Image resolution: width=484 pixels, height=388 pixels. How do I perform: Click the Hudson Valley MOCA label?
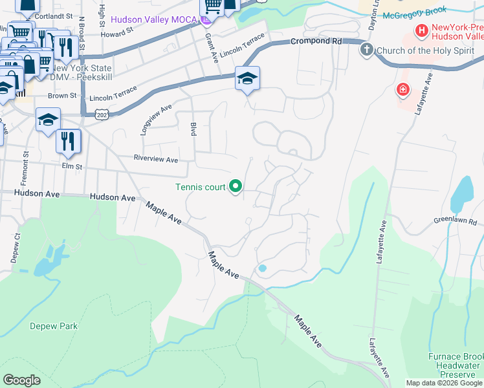point(152,20)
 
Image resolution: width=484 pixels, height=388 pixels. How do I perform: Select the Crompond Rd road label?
point(315,41)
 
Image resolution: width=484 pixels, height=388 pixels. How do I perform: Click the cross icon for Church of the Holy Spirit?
point(367,49)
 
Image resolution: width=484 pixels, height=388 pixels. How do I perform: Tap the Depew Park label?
point(54,326)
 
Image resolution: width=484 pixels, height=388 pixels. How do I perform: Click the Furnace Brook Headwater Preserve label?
point(456,365)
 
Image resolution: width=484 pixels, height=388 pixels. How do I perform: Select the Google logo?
point(22,380)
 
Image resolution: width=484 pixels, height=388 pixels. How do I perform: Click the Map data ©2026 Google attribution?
point(443,383)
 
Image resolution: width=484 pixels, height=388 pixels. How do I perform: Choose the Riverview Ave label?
point(155,159)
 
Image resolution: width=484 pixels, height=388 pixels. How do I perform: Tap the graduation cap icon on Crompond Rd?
point(247,78)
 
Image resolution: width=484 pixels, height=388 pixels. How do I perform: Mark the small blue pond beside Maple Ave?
point(262,268)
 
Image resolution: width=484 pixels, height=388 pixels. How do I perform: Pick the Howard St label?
point(116,30)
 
